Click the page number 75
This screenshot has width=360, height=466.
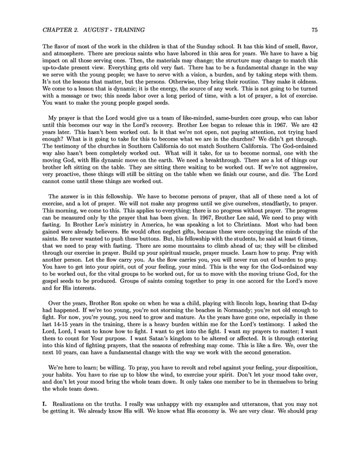coord(315,29)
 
